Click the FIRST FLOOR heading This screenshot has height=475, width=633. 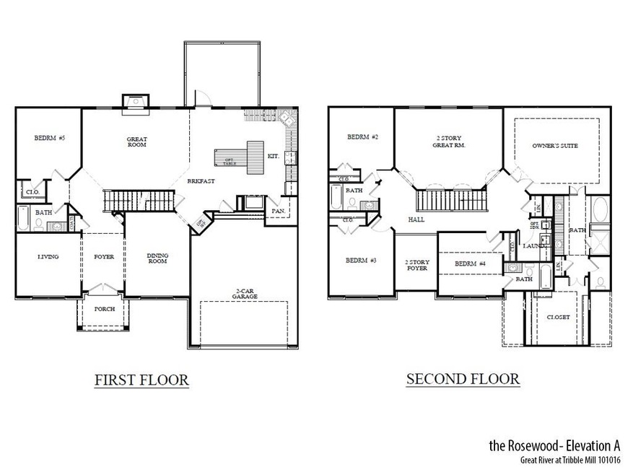point(141,380)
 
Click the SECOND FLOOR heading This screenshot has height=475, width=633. point(462,378)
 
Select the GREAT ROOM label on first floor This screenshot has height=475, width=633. point(136,141)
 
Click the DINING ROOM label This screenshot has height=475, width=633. point(157,258)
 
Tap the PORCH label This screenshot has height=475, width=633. point(105,308)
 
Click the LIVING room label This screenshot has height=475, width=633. point(48,257)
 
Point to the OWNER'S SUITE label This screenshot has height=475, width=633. point(555,145)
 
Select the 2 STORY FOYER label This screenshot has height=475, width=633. point(416,265)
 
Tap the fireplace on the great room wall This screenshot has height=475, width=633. point(135,102)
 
